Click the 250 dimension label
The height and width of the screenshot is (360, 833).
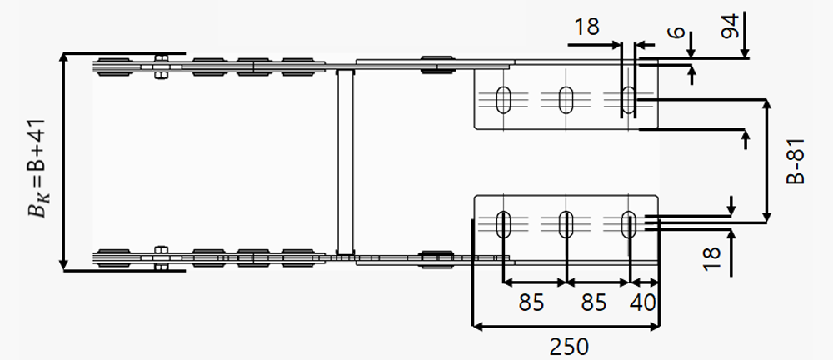(x=569, y=347)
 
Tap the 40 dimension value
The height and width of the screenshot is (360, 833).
(x=643, y=303)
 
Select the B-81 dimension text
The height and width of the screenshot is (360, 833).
(x=796, y=162)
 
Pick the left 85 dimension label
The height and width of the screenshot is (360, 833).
(x=531, y=303)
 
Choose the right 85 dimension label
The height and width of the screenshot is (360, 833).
(x=593, y=303)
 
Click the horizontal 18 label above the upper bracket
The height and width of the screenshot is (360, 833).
(x=587, y=27)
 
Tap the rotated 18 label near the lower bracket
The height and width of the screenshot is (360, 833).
(x=711, y=259)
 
